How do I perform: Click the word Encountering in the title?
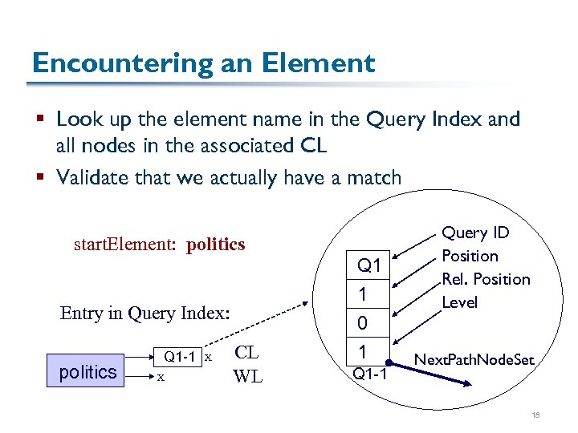coord(113,63)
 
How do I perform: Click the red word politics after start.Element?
coord(215,245)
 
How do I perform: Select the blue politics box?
coord(88,372)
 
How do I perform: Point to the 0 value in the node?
coord(363,324)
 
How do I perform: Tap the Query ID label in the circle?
coord(476,233)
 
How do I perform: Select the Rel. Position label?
coord(486,279)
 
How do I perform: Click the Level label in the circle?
coord(459,302)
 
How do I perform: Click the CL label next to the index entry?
coord(246,353)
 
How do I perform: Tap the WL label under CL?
coord(247,375)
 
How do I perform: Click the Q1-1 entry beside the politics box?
coord(181,355)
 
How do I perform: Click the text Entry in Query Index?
coord(144,314)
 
